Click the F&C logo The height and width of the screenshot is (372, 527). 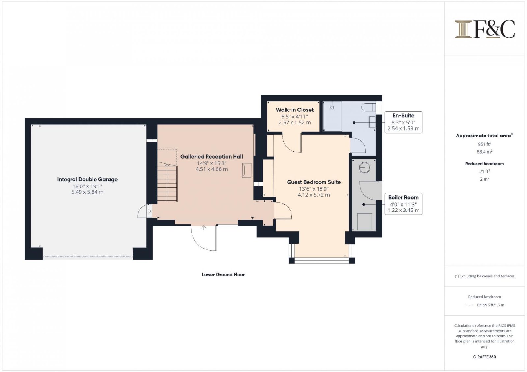pos(485,29)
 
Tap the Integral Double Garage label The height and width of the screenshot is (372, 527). pos(87,179)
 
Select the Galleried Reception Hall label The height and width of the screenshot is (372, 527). pos(211,157)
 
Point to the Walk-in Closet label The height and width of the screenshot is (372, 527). pos(294,110)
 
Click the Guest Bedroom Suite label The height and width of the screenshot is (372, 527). pos(314,182)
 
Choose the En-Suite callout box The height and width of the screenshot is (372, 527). pos(403,122)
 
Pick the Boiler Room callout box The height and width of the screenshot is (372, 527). pos(403,204)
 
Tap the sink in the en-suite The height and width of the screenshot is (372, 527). pos(372,122)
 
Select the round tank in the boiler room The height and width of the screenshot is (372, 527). pos(364,168)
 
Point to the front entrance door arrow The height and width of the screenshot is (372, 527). pos(204,228)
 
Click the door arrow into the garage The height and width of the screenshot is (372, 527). pos(149,211)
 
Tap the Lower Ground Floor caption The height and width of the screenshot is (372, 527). pos(223,274)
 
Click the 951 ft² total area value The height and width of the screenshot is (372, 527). pos(485,144)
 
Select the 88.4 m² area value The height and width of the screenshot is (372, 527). pos(485,152)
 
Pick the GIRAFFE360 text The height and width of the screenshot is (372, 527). pos(485,357)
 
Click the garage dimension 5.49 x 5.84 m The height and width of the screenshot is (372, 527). pos(87,192)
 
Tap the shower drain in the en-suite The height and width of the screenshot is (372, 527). pos(332,108)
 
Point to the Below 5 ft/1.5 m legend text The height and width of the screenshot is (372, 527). pos(490,305)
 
